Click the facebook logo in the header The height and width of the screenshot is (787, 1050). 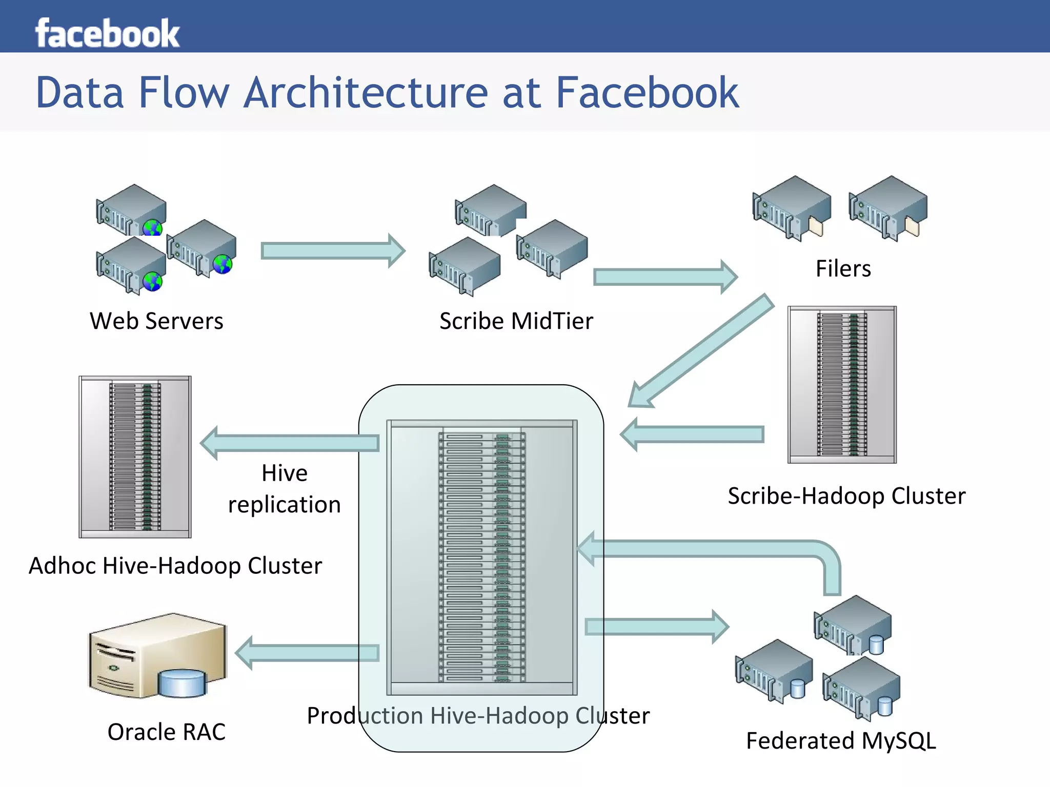(x=107, y=33)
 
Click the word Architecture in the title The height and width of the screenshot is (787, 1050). (x=367, y=93)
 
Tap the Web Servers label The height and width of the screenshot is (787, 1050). (x=156, y=321)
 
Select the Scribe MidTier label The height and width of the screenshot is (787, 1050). (x=516, y=321)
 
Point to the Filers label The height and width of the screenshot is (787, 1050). (x=843, y=268)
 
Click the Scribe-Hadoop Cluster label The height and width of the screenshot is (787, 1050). (x=846, y=496)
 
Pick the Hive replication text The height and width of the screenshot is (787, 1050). (x=285, y=489)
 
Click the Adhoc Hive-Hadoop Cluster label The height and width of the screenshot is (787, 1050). (x=175, y=566)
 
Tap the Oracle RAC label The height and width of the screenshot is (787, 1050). (x=166, y=732)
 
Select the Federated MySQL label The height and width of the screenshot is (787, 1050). (x=841, y=741)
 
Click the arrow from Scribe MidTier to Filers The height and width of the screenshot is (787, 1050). (x=664, y=277)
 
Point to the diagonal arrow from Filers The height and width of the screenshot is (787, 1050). (x=702, y=351)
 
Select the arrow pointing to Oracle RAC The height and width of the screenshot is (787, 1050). (x=308, y=653)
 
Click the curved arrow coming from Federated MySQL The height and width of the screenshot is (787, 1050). (x=718, y=549)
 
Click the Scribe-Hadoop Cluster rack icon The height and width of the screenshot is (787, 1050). (x=842, y=384)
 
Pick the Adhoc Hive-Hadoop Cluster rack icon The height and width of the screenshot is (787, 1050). (x=135, y=457)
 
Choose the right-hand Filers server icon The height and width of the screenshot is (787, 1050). (x=888, y=208)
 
